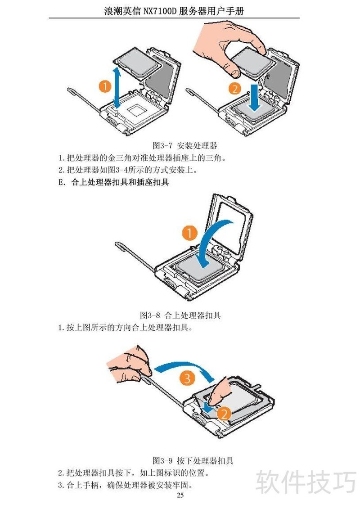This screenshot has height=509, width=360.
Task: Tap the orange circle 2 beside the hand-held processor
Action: [235, 88]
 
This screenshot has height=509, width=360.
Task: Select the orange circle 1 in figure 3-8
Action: [189, 233]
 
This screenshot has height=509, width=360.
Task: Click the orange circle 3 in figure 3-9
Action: [188, 378]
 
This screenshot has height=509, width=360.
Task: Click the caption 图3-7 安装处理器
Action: [184, 145]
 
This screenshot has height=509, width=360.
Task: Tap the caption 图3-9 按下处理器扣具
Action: [193, 460]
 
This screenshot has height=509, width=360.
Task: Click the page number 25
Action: [180, 495]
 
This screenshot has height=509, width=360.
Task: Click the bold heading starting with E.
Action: [113, 182]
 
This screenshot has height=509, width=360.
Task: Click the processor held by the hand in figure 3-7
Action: [254, 63]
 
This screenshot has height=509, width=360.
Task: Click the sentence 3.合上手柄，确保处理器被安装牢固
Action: [126, 485]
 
